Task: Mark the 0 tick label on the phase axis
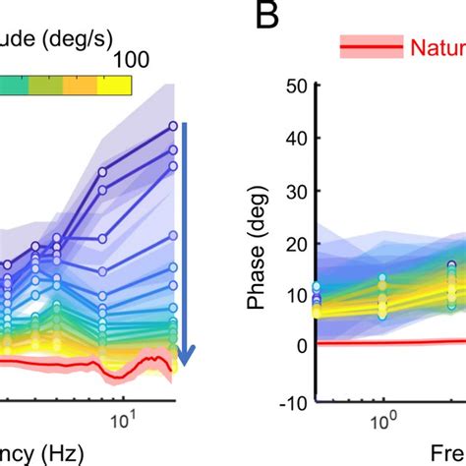(x=304, y=345)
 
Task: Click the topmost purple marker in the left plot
(x=173, y=126)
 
